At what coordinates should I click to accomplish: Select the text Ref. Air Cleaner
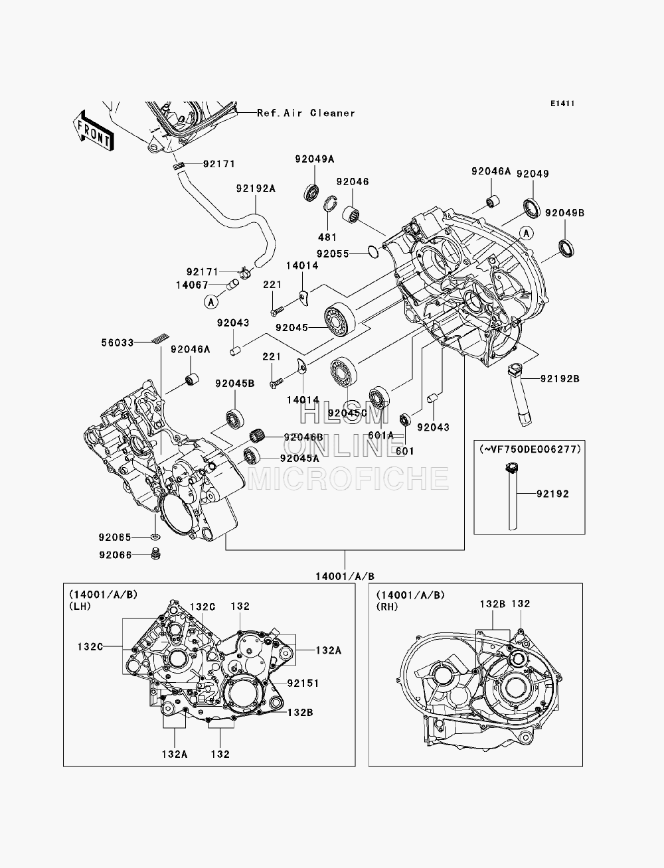point(306,113)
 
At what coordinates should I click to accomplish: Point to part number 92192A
point(256,188)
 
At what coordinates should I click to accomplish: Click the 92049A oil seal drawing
point(312,192)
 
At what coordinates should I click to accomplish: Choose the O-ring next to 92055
point(373,251)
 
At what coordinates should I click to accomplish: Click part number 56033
point(118,342)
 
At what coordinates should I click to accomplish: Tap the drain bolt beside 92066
point(156,554)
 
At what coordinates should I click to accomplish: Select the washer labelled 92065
point(156,537)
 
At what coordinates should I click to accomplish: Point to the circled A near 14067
point(211,303)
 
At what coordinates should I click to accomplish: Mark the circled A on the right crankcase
point(527,234)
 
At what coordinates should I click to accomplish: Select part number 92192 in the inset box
point(552,494)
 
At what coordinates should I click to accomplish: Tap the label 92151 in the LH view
point(303,684)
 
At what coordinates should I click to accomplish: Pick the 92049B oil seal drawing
point(566,249)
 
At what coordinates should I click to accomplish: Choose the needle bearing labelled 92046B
point(257,436)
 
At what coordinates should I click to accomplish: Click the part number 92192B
point(560,379)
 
